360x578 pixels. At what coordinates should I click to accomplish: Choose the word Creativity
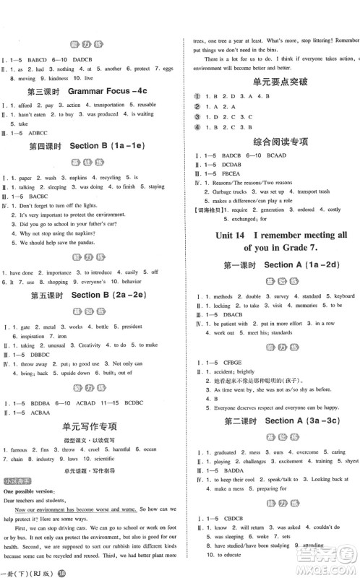pos(91,345)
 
